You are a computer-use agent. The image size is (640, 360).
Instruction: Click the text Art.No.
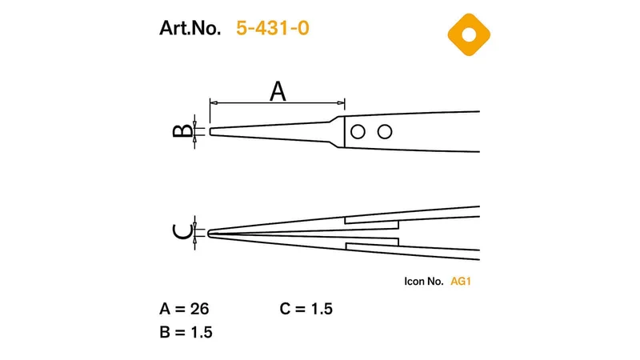tap(190, 28)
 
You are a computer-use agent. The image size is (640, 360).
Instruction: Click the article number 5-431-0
tap(273, 28)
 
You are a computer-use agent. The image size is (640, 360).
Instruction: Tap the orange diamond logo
tap(469, 34)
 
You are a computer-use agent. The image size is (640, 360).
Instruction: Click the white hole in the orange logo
tap(469, 34)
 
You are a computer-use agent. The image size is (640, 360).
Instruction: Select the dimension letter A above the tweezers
tap(278, 91)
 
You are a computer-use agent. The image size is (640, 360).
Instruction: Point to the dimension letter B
tap(182, 130)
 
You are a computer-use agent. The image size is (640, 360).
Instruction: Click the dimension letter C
tap(182, 232)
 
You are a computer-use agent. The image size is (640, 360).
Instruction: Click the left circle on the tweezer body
tap(358, 132)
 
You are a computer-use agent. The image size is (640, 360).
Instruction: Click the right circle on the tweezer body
tap(385, 132)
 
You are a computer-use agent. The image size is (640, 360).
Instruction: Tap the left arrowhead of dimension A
tap(213, 103)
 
